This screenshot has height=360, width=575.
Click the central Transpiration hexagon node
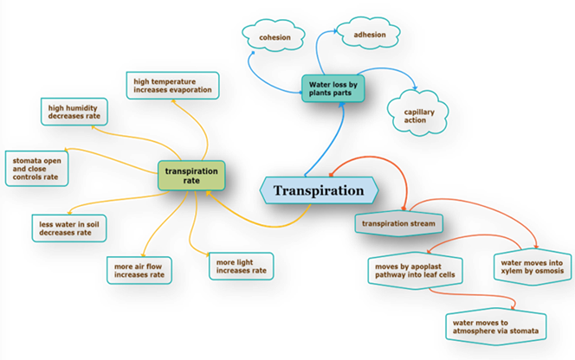coord(319,190)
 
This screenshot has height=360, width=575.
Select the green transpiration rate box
coord(191,176)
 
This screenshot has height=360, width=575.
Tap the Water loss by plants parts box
coord(334,87)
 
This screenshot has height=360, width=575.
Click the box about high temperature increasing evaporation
coord(171,85)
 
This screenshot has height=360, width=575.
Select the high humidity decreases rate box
coord(73,110)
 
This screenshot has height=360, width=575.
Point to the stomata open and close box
coord(35,167)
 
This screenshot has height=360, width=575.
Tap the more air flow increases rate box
coord(138,269)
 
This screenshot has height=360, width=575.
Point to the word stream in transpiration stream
coord(422,223)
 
